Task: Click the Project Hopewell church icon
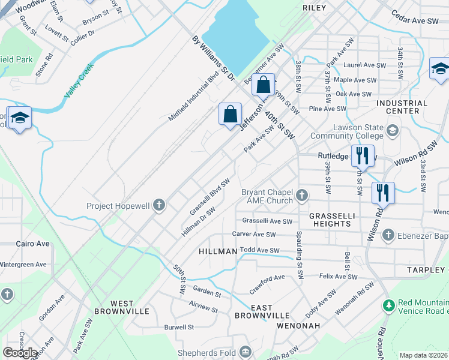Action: (159, 205)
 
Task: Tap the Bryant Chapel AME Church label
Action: (267, 196)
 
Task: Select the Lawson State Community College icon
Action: (393, 130)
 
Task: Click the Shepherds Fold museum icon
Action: (245, 352)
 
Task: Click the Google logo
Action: (20, 352)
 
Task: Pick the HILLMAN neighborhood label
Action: (218, 252)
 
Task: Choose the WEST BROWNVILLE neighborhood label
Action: (121, 307)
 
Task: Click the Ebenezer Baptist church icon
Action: (388, 234)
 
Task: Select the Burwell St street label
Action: (179, 328)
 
